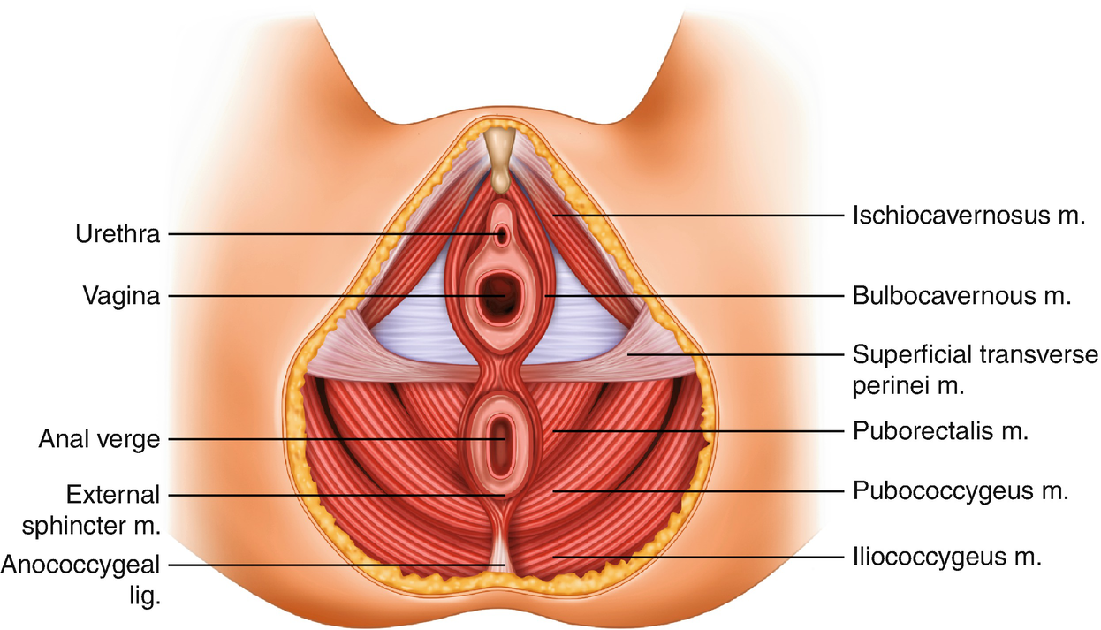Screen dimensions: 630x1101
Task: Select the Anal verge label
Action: (98, 439)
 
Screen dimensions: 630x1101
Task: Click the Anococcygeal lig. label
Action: (83, 578)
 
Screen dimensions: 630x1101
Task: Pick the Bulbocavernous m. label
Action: (961, 295)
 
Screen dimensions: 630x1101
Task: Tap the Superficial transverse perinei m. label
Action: (976, 370)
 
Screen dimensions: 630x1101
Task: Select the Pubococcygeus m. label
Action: (961, 490)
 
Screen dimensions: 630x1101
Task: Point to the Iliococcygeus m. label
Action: (948, 558)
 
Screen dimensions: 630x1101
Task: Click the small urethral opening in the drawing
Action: (502, 235)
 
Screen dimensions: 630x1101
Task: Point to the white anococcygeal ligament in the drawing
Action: (501, 552)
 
